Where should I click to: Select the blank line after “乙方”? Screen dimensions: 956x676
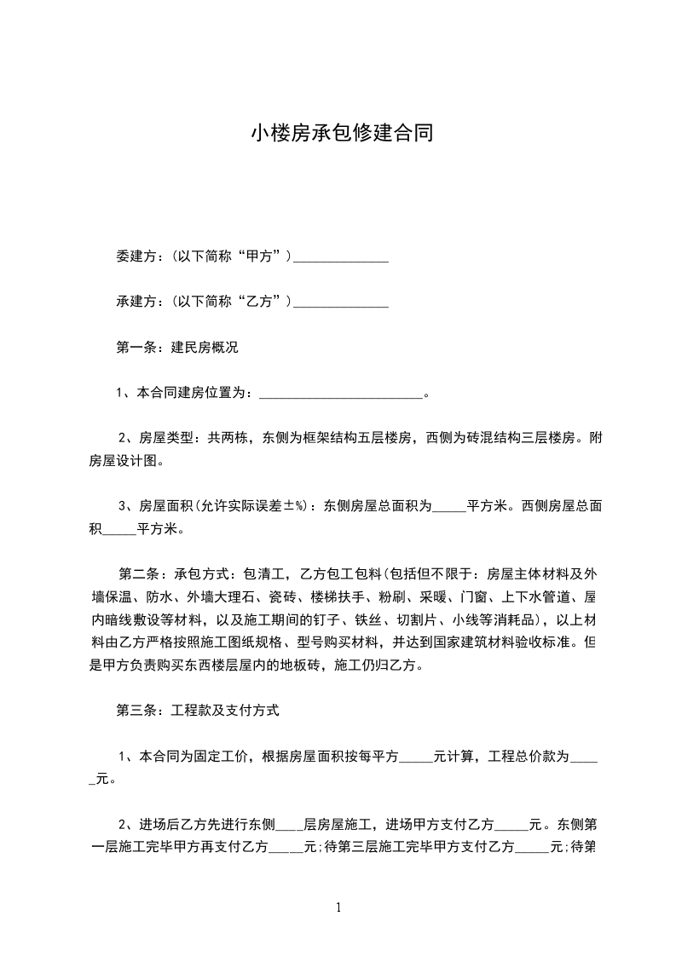coord(341,302)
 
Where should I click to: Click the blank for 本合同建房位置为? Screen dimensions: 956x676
coord(339,393)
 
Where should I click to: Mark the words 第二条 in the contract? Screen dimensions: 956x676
coord(135,573)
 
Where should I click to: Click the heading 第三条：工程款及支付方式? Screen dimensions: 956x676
coord(197,710)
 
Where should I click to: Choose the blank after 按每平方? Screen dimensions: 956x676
coord(416,757)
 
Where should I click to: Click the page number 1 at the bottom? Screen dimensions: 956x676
coord(339,907)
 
